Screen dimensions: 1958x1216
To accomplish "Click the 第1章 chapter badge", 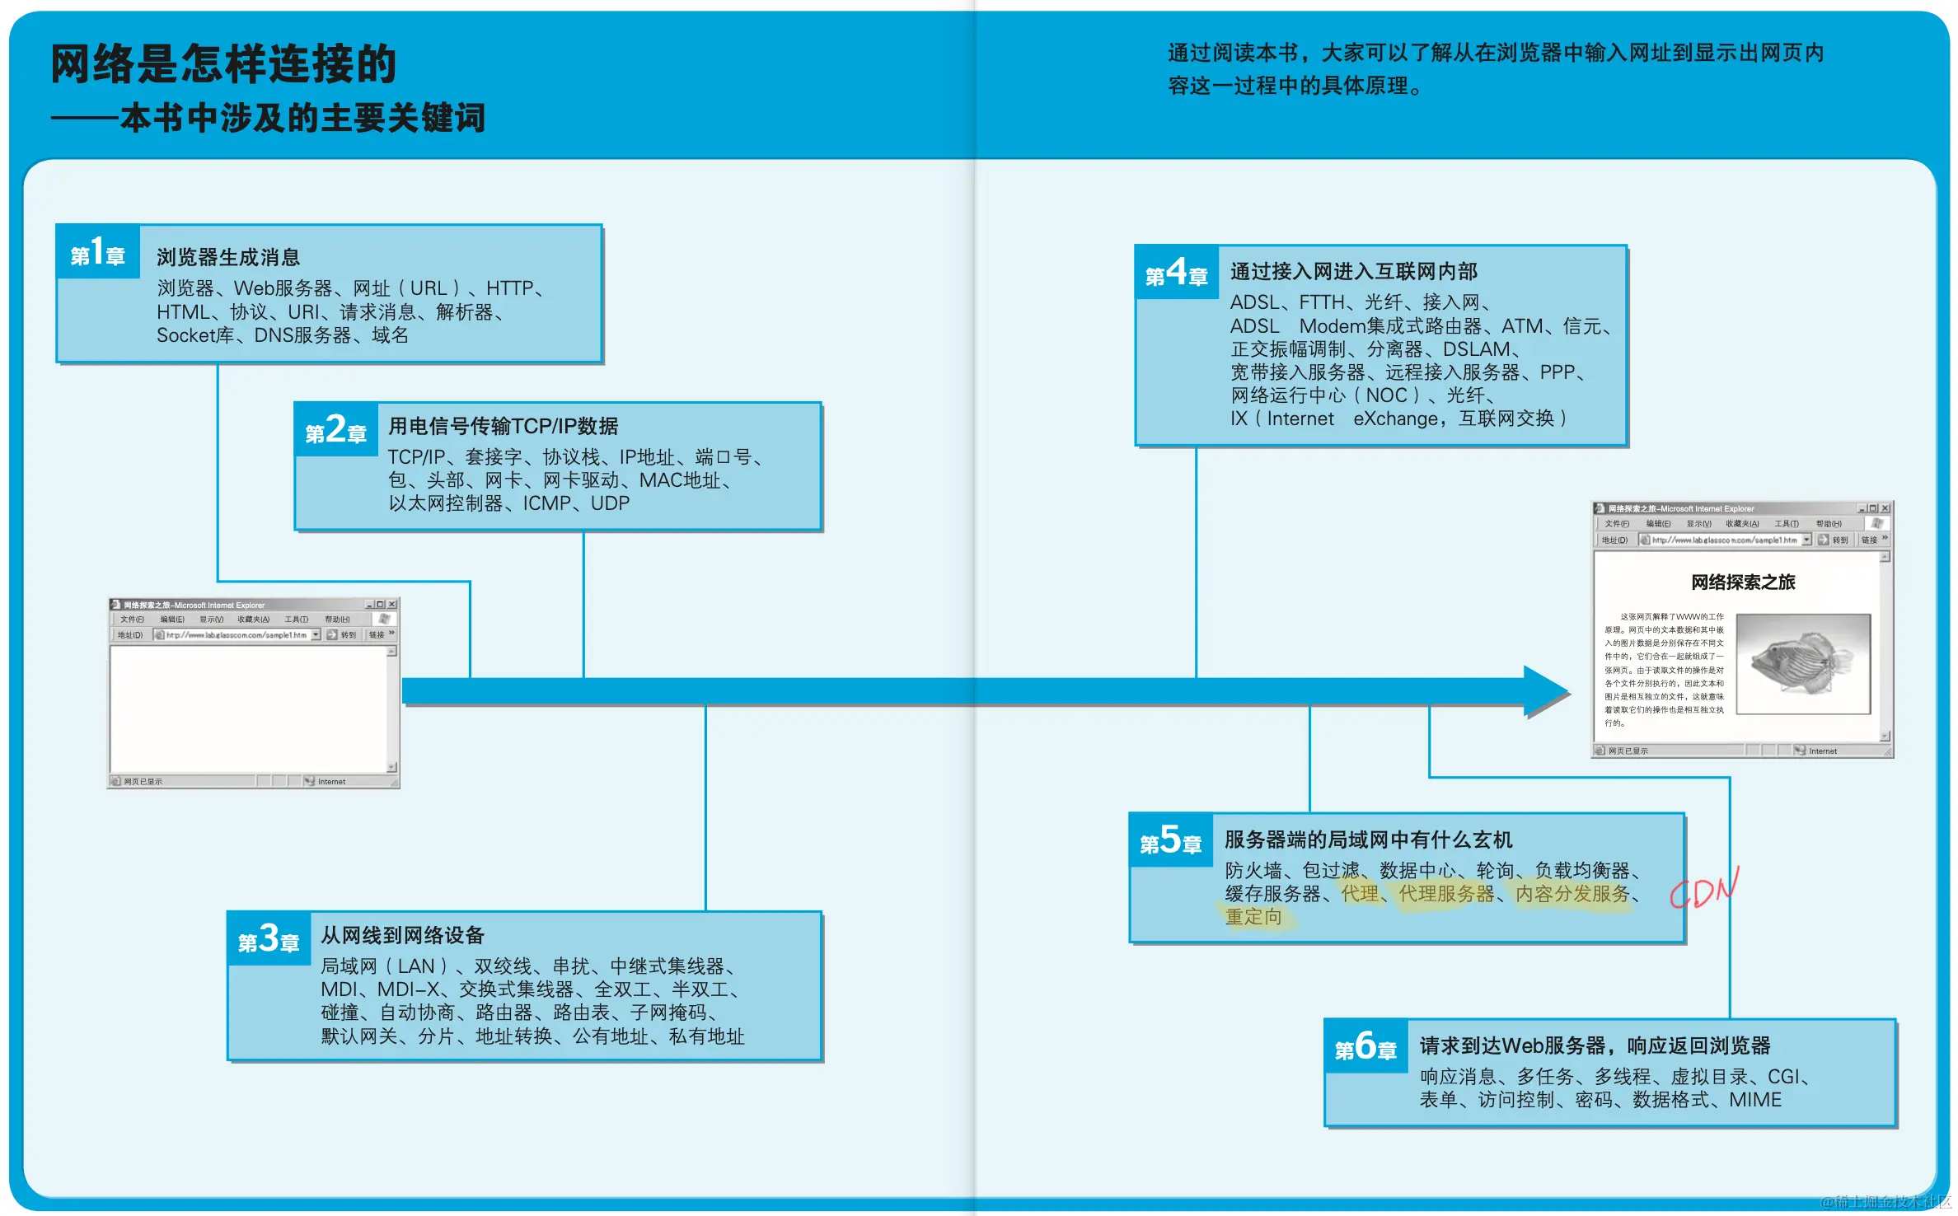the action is pyautogui.click(x=97, y=252).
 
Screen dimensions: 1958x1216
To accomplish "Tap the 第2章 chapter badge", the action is pyautogui.click(x=335, y=429).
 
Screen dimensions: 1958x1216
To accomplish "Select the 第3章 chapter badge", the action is pyautogui.click(x=269, y=938).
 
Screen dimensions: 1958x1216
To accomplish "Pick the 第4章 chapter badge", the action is pyautogui.click(x=1176, y=273).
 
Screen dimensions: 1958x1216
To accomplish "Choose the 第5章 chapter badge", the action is pyautogui.click(x=1170, y=840).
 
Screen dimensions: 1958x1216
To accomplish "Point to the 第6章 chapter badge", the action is pyautogui.click(x=1365, y=1046).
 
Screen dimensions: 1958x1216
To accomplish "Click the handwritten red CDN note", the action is pyautogui.click(x=1704, y=888).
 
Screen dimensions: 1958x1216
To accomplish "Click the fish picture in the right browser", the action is pyautogui.click(x=1802, y=663).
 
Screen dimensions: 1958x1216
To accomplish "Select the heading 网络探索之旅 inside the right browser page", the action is pyautogui.click(x=1742, y=582).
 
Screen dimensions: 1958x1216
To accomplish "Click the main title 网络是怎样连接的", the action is pyautogui.click(x=223, y=64).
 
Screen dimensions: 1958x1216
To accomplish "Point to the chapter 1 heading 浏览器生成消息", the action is pyautogui.click(x=228, y=257).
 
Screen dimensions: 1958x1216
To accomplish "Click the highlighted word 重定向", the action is pyautogui.click(x=1253, y=917).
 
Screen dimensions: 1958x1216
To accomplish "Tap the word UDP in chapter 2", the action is pyautogui.click(x=610, y=503).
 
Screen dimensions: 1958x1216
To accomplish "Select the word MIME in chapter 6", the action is pyautogui.click(x=1754, y=1100).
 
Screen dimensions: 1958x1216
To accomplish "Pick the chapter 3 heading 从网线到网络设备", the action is pyautogui.click(x=402, y=935).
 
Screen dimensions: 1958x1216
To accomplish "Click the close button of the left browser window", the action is pyautogui.click(x=392, y=605).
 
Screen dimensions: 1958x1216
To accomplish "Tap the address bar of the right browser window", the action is pyautogui.click(x=1722, y=540).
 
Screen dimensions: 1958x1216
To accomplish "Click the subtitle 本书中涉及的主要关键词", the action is pyautogui.click(x=302, y=119).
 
